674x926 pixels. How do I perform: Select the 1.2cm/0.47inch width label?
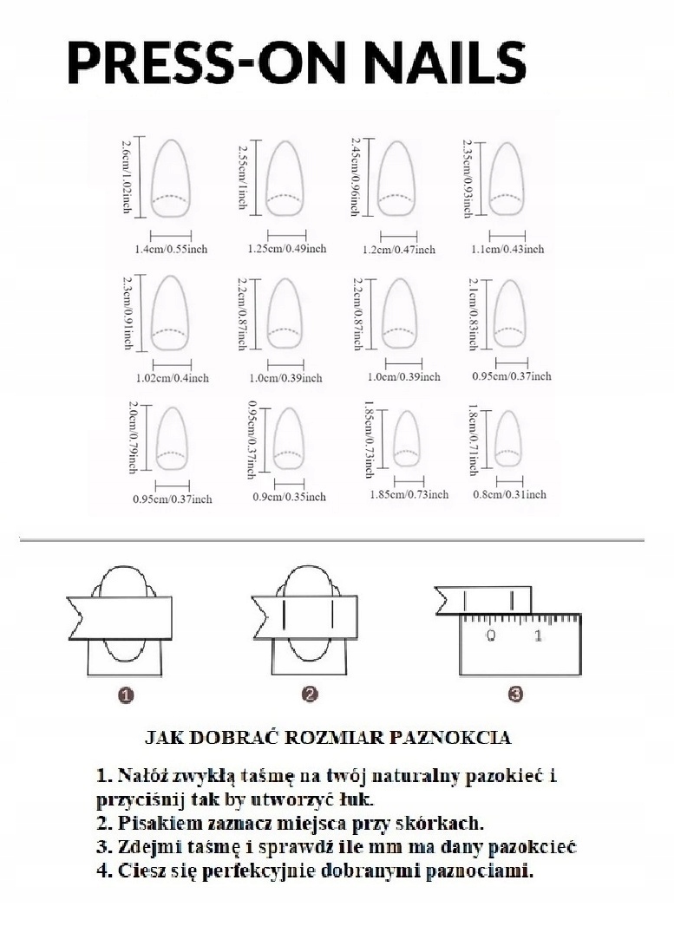coord(398,250)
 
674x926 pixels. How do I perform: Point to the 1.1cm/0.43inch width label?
coord(507,249)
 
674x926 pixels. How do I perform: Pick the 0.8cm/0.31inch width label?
coord(509,494)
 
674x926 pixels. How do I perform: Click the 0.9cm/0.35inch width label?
coord(289,496)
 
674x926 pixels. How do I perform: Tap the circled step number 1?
coord(127,694)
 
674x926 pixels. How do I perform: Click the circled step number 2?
coord(311,694)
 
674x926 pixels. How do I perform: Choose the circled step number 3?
coord(515,694)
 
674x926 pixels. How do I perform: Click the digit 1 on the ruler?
coord(539,636)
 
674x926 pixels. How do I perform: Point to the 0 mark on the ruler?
coord(491,636)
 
